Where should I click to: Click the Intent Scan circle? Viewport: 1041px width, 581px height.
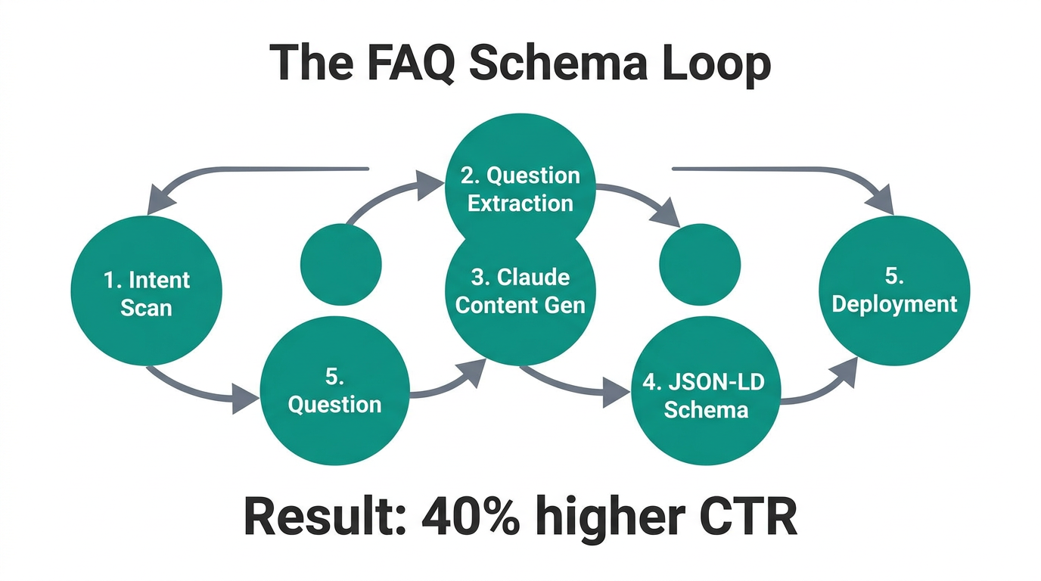pos(147,291)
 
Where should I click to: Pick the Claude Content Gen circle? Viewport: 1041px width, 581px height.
pos(520,295)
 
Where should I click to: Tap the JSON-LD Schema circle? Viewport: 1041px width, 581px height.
pos(705,393)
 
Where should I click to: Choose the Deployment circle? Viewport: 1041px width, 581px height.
pos(894,291)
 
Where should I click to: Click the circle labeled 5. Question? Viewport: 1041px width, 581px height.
pos(334,392)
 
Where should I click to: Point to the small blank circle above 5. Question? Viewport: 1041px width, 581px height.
pos(340,265)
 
